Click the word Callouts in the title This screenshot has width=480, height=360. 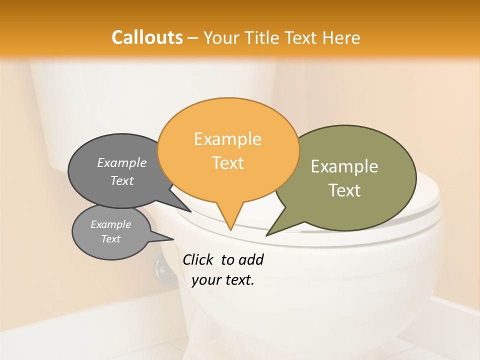tap(147, 37)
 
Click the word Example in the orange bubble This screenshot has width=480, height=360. tap(227, 139)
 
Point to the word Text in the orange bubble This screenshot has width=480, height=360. tap(228, 163)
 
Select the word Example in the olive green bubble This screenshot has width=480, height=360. tap(344, 166)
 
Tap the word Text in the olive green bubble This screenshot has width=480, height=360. tap(345, 190)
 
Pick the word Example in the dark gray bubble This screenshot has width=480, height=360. tap(122, 162)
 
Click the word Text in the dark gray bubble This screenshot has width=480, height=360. tap(122, 180)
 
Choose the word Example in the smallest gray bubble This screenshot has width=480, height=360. tap(110, 224)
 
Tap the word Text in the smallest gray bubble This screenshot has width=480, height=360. tap(110, 239)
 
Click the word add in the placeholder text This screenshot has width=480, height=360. tap(251, 259)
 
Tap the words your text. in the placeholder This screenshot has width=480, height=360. tap(223, 280)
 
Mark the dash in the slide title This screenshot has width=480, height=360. tap(193, 38)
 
